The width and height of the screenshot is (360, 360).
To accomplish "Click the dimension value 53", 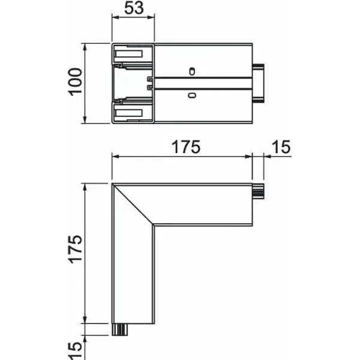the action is pos(134,8).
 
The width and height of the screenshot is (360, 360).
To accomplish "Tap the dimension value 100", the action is pos(75,82).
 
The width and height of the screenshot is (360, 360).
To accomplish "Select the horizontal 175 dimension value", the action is pos(186,147).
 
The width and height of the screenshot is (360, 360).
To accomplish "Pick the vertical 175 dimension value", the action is pos(75,249).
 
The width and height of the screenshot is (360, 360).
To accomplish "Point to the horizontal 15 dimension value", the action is pos(281,147).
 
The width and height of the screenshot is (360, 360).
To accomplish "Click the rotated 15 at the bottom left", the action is pos(75,351).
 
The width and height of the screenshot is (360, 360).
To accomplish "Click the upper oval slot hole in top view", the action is pos(192,71).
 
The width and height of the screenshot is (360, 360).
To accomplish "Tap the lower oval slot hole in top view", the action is pos(192,95).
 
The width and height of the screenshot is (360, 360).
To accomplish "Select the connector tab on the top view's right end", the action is pos(259,83).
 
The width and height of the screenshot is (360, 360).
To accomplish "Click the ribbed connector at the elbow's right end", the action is pos(258,191).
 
